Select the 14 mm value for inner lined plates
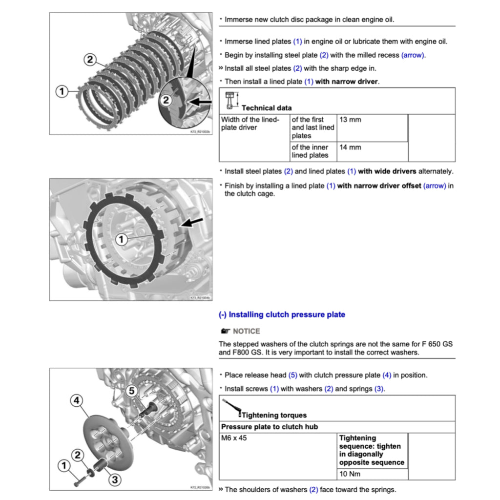[x=350, y=147]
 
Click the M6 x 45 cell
[x=234, y=438]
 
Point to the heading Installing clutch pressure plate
[x=282, y=315]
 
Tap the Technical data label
[x=267, y=108]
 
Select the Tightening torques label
[x=274, y=415]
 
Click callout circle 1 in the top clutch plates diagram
[x=62, y=91]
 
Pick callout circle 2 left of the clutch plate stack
[x=90, y=60]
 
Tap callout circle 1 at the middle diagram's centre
[x=121, y=239]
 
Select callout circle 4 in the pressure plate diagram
[x=76, y=401]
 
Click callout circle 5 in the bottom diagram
[x=131, y=391]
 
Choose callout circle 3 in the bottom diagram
[x=114, y=479]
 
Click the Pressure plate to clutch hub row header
[x=269, y=427]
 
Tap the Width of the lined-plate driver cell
[x=250, y=124]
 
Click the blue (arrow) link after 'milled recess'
[x=413, y=55]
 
